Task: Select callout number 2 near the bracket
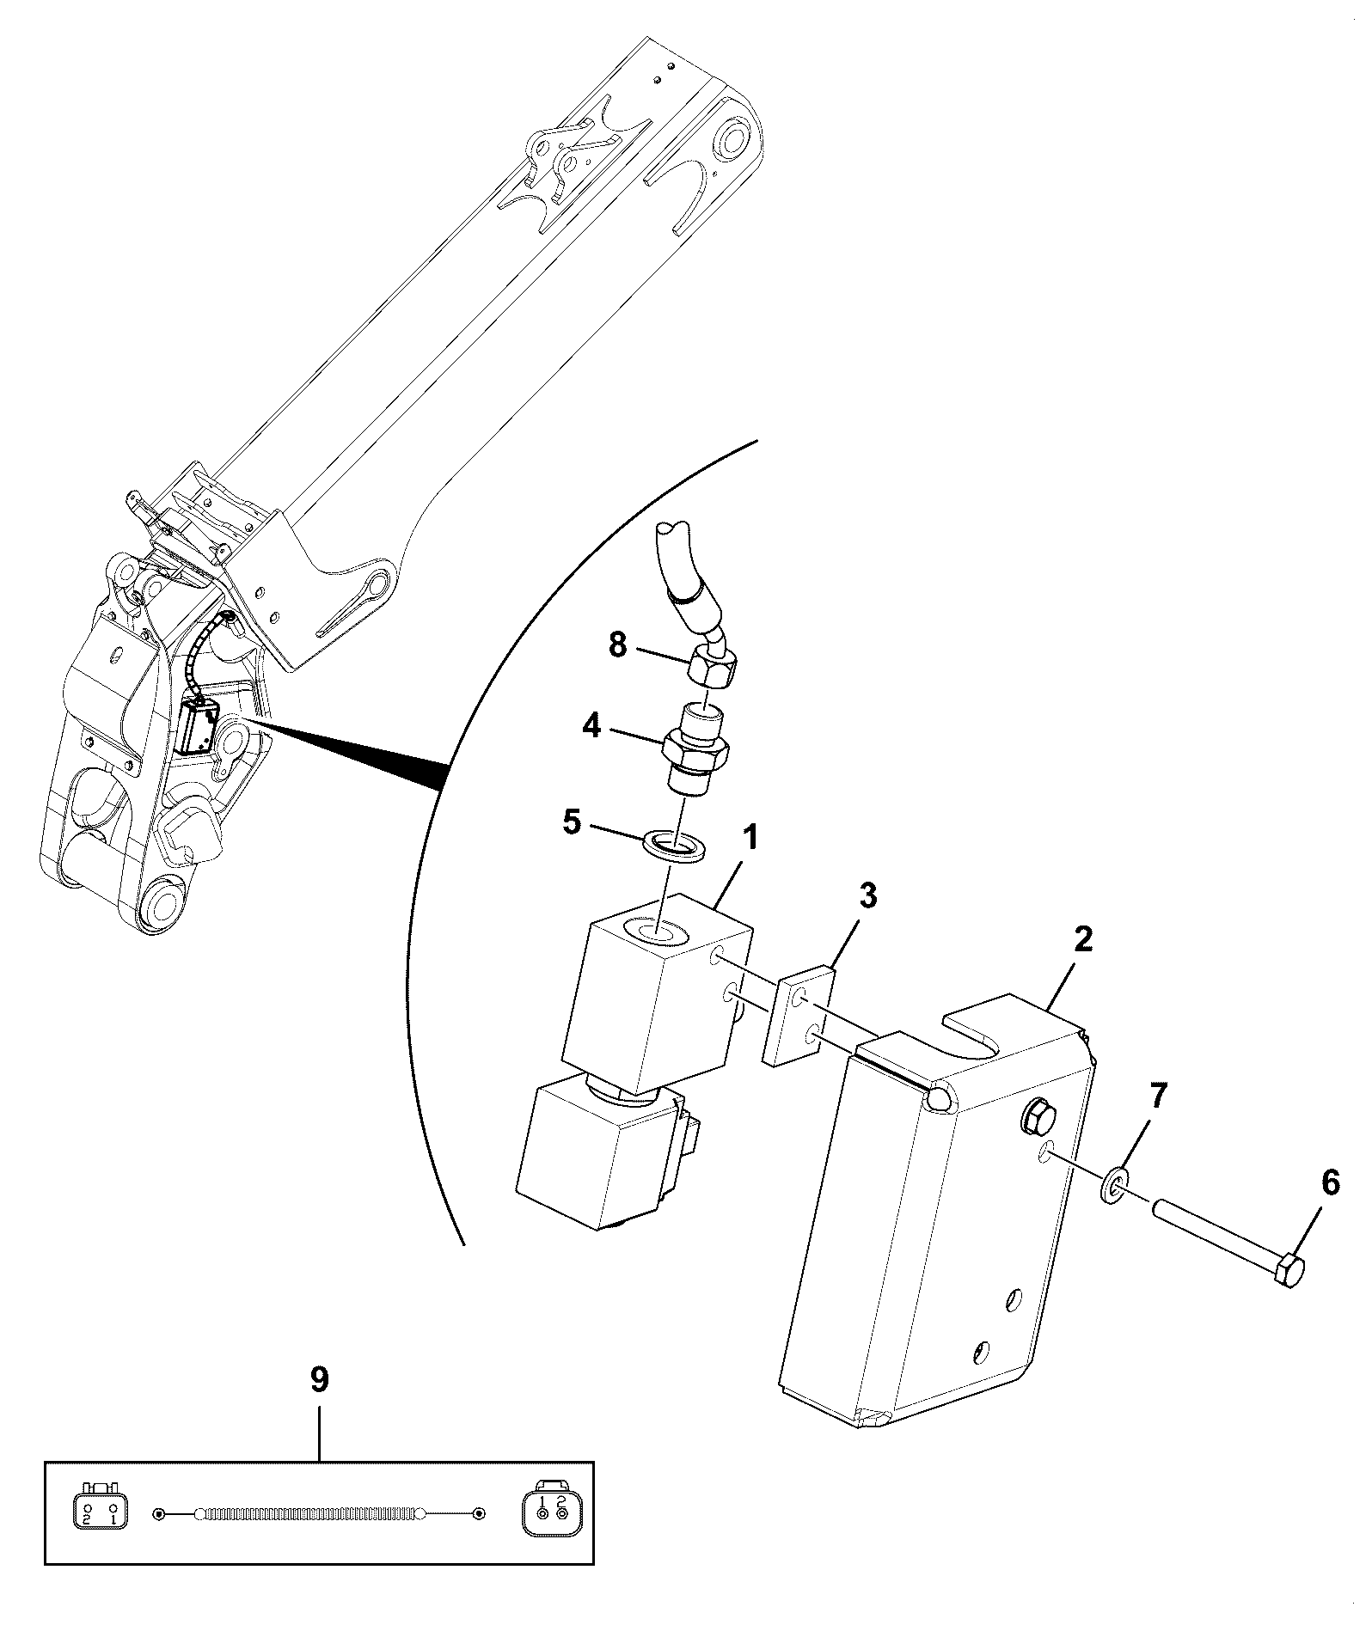click(1083, 939)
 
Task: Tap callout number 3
click(868, 895)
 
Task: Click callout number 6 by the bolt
click(1330, 1183)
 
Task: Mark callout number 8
click(618, 645)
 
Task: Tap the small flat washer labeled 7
click(1115, 1189)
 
